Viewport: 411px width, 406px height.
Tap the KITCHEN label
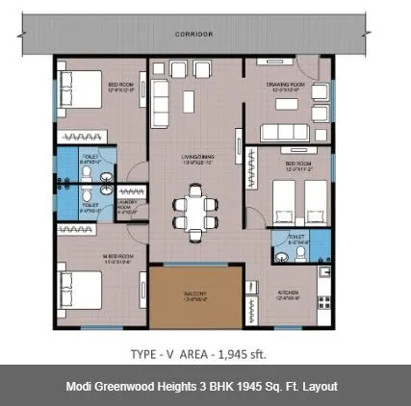pos(288,290)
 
